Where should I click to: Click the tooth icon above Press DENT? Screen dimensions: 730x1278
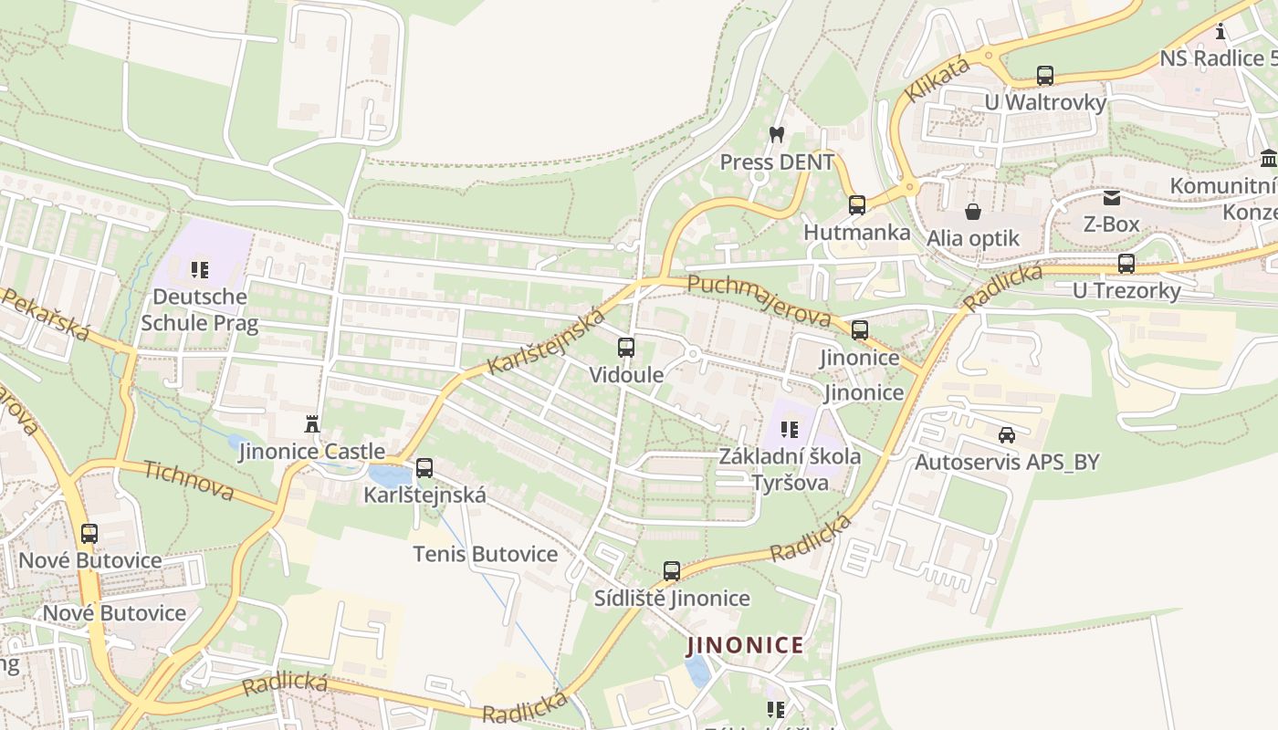tap(777, 134)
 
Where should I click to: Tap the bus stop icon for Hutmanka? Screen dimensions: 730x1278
tap(856, 204)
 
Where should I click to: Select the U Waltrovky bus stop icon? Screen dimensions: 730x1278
tap(1045, 76)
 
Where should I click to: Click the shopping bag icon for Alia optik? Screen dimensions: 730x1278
tap(973, 212)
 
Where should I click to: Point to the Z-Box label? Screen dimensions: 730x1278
tap(1111, 224)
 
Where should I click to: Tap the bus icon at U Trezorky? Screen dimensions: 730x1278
tap(1126, 264)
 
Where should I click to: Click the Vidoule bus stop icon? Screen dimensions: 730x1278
tap(625, 347)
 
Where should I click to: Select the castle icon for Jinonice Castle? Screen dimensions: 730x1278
tap(312, 423)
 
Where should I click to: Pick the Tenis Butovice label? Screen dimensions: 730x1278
tap(485, 554)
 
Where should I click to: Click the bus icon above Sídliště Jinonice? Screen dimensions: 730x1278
tap(672, 571)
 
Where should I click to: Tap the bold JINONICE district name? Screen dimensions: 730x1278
tap(746, 645)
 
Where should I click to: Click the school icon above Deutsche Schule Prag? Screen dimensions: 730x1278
tap(200, 269)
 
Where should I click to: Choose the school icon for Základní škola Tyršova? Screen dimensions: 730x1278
tap(790, 429)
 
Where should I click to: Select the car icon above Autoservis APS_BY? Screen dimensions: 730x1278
tap(1007, 435)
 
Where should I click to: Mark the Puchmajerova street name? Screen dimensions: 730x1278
tap(759, 300)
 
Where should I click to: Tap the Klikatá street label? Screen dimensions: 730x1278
tap(938, 79)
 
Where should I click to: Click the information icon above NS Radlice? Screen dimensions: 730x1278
tap(1220, 32)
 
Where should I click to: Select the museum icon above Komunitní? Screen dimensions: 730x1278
tap(1268, 159)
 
